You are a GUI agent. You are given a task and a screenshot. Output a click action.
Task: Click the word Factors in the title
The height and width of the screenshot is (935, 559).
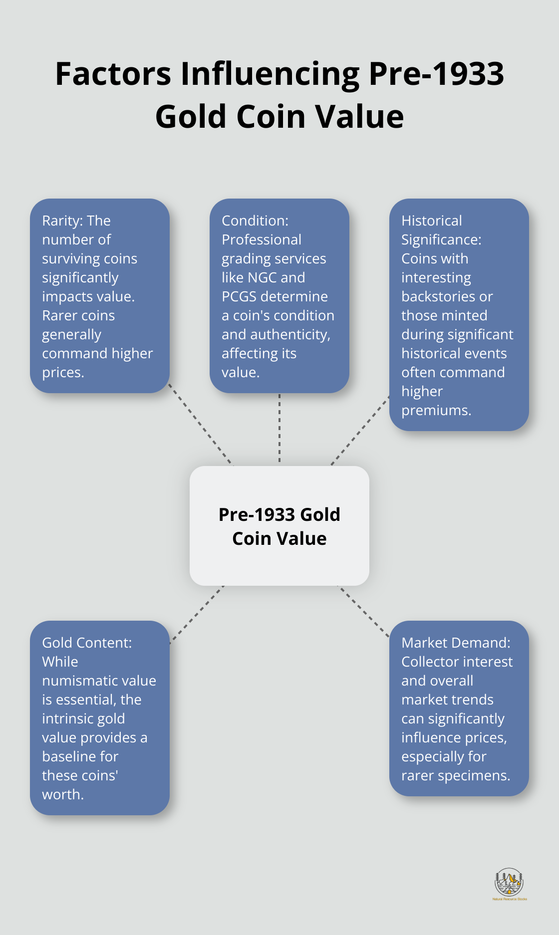[x=113, y=74]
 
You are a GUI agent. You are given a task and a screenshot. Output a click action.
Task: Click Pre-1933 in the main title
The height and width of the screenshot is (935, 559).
[x=436, y=74]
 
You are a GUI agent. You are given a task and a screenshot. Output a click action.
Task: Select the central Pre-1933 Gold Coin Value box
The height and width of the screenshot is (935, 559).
[x=279, y=526]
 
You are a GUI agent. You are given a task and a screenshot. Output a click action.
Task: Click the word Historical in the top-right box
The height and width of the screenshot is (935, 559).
[x=431, y=221]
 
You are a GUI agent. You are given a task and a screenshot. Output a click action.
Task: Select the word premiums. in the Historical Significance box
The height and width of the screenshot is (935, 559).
[x=436, y=410]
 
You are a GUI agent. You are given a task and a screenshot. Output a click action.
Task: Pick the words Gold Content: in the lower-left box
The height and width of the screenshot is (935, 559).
[x=87, y=643]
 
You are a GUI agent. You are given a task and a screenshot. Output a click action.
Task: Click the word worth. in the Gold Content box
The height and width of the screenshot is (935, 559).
[x=63, y=794]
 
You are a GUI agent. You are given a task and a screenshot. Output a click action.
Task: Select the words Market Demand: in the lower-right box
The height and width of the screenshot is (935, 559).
[x=456, y=643]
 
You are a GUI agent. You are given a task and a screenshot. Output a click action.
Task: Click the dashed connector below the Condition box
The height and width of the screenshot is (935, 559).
[x=279, y=429]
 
